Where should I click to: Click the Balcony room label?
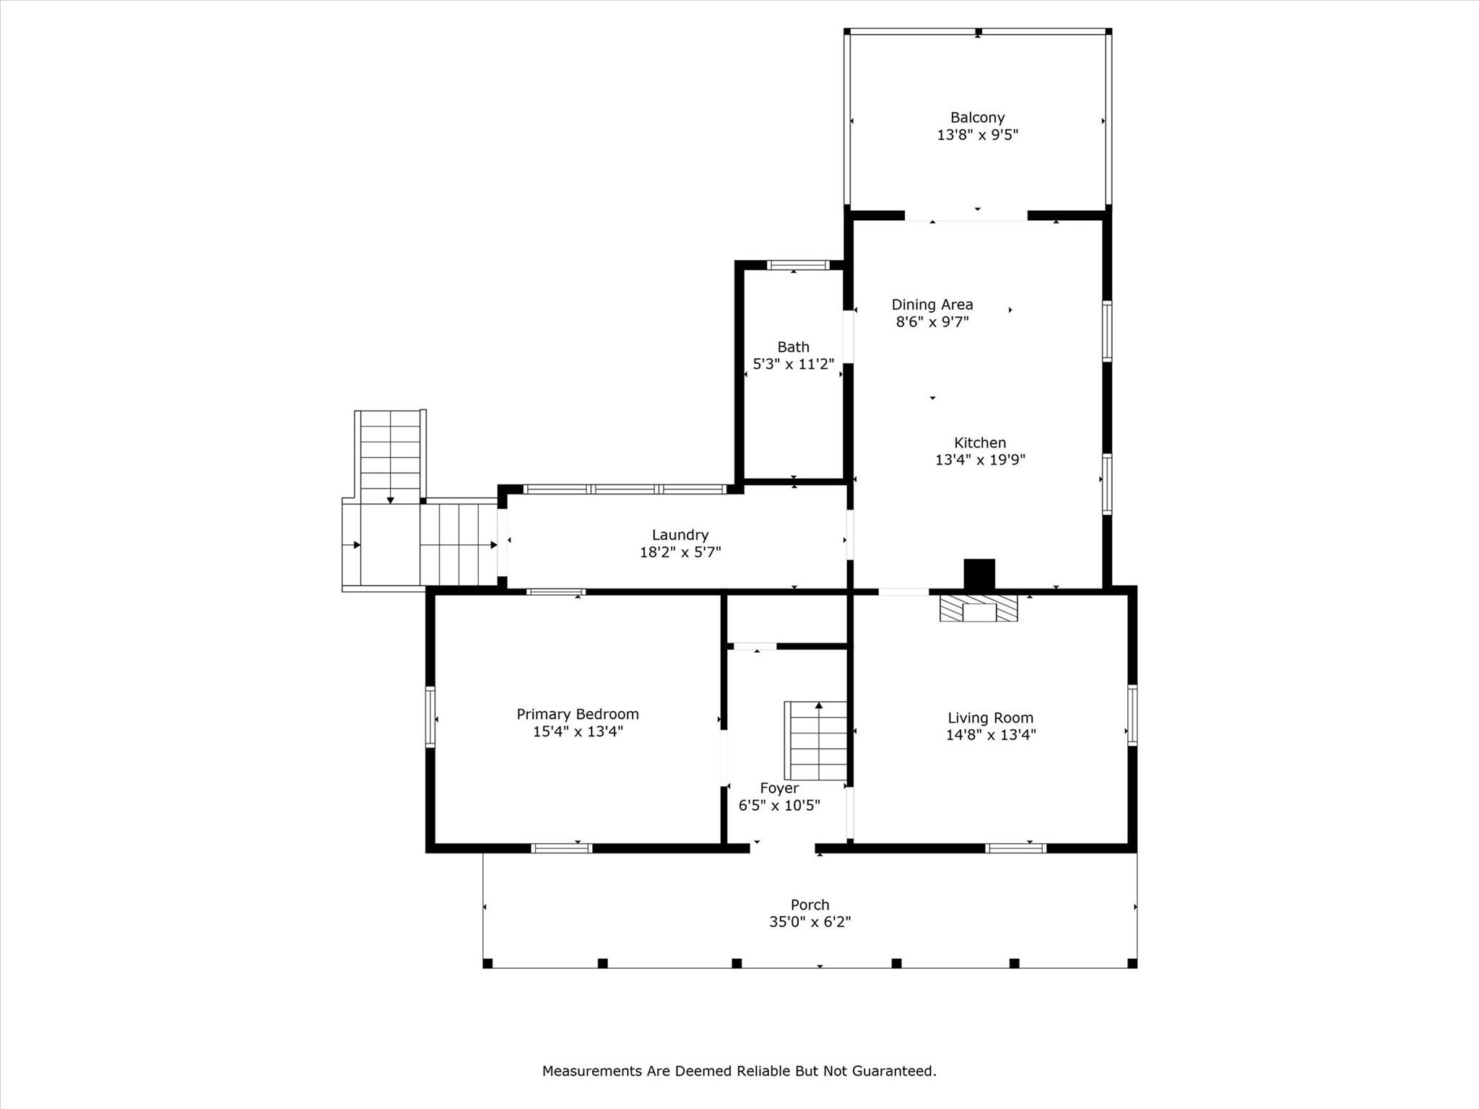[977, 118]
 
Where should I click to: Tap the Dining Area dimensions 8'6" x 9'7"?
[932, 322]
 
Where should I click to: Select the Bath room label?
[793, 347]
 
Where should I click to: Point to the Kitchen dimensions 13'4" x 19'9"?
[980, 460]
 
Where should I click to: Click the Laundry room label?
[680, 535]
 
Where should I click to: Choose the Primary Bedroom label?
[577, 714]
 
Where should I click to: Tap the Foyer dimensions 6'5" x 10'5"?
[778, 806]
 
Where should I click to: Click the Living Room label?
[990, 718]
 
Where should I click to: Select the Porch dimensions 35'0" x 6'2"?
[810, 922]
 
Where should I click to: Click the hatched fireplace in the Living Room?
[979, 608]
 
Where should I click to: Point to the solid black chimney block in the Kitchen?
[979, 574]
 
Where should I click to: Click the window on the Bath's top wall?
[798, 265]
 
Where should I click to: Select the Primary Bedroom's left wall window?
[430, 716]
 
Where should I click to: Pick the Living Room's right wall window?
[1132, 715]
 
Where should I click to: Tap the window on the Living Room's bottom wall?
[1015, 848]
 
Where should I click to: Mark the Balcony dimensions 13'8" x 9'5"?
[977, 135]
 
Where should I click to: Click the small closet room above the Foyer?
[786, 619]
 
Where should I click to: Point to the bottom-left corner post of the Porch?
[487, 963]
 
